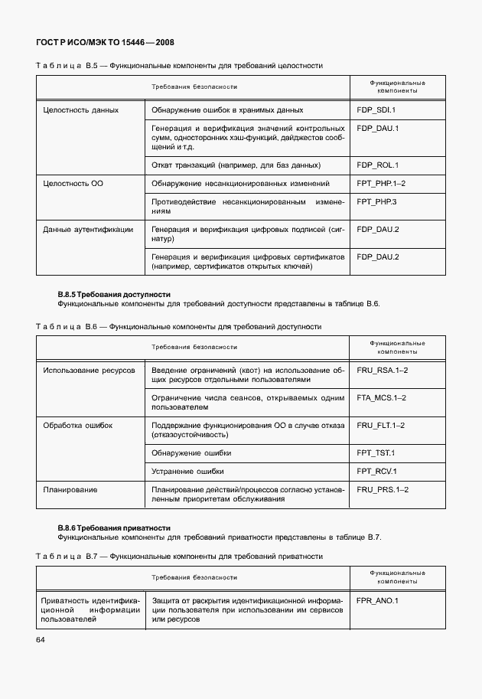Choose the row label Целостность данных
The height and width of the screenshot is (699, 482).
(x=81, y=110)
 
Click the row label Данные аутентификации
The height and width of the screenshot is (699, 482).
(x=88, y=229)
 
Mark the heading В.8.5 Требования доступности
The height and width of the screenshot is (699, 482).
(x=114, y=294)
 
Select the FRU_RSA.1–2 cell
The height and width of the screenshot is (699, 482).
(x=383, y=371)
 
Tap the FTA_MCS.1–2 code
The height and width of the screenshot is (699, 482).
(x=383, y=398)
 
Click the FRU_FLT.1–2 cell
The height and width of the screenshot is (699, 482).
(x=382, y=426)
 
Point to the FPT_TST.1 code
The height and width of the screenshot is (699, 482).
(x=376, y=453)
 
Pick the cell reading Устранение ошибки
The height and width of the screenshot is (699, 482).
(x=188, y=472)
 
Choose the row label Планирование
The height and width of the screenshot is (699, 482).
(x=70, y=490)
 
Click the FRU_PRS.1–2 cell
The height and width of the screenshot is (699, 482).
(x=383, y=490)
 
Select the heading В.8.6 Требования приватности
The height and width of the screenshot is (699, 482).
(x=114, y=528)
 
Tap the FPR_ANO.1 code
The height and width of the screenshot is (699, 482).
(x=377, y=600)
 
